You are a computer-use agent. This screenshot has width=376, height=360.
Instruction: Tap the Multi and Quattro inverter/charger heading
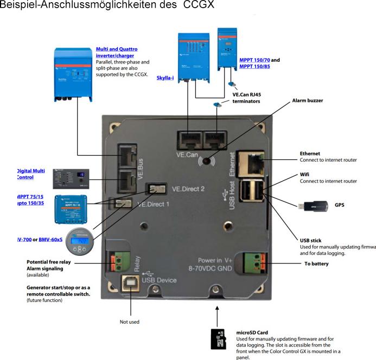(x=114, y=52)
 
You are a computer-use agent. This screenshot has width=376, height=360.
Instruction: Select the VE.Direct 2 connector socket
(x=158, y=189)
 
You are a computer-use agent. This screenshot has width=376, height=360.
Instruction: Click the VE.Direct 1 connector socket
(x=122, y=203)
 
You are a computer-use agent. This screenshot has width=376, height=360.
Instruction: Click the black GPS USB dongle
(x=312, y=205)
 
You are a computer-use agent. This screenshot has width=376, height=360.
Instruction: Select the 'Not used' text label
(x=129, y=322)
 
